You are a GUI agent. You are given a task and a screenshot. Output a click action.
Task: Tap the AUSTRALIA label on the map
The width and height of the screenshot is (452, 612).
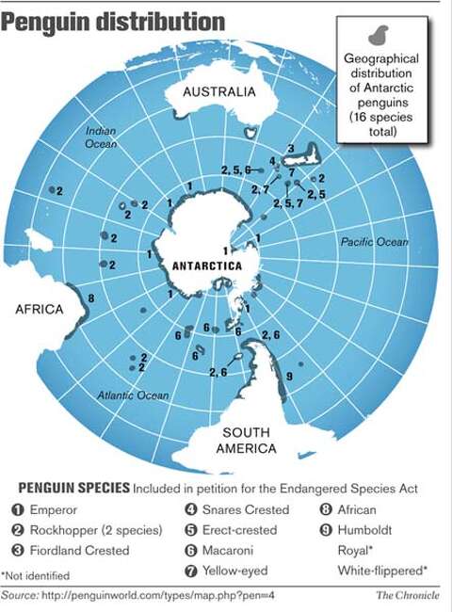218,92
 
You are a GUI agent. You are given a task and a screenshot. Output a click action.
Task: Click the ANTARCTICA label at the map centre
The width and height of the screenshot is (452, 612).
206,266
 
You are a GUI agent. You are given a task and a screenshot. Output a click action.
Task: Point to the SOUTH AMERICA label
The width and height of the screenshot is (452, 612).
246,441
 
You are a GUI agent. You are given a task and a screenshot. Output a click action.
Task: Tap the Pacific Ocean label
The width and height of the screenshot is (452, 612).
374,242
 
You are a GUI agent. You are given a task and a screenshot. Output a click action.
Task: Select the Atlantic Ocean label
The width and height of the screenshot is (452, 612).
134,395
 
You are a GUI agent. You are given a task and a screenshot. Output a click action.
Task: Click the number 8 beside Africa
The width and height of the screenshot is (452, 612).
90,298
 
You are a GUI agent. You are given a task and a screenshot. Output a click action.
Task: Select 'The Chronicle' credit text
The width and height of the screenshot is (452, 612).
409,595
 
